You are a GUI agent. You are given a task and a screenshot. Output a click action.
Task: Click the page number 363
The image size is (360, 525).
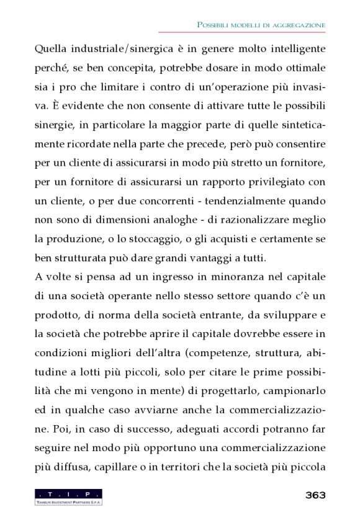coord(315,495)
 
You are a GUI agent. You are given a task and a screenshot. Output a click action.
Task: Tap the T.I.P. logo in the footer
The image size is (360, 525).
coord(68,496)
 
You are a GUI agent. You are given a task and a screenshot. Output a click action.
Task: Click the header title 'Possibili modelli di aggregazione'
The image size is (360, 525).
coord(261,24)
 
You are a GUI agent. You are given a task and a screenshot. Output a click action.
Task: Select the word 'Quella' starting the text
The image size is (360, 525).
coord(51,47)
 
